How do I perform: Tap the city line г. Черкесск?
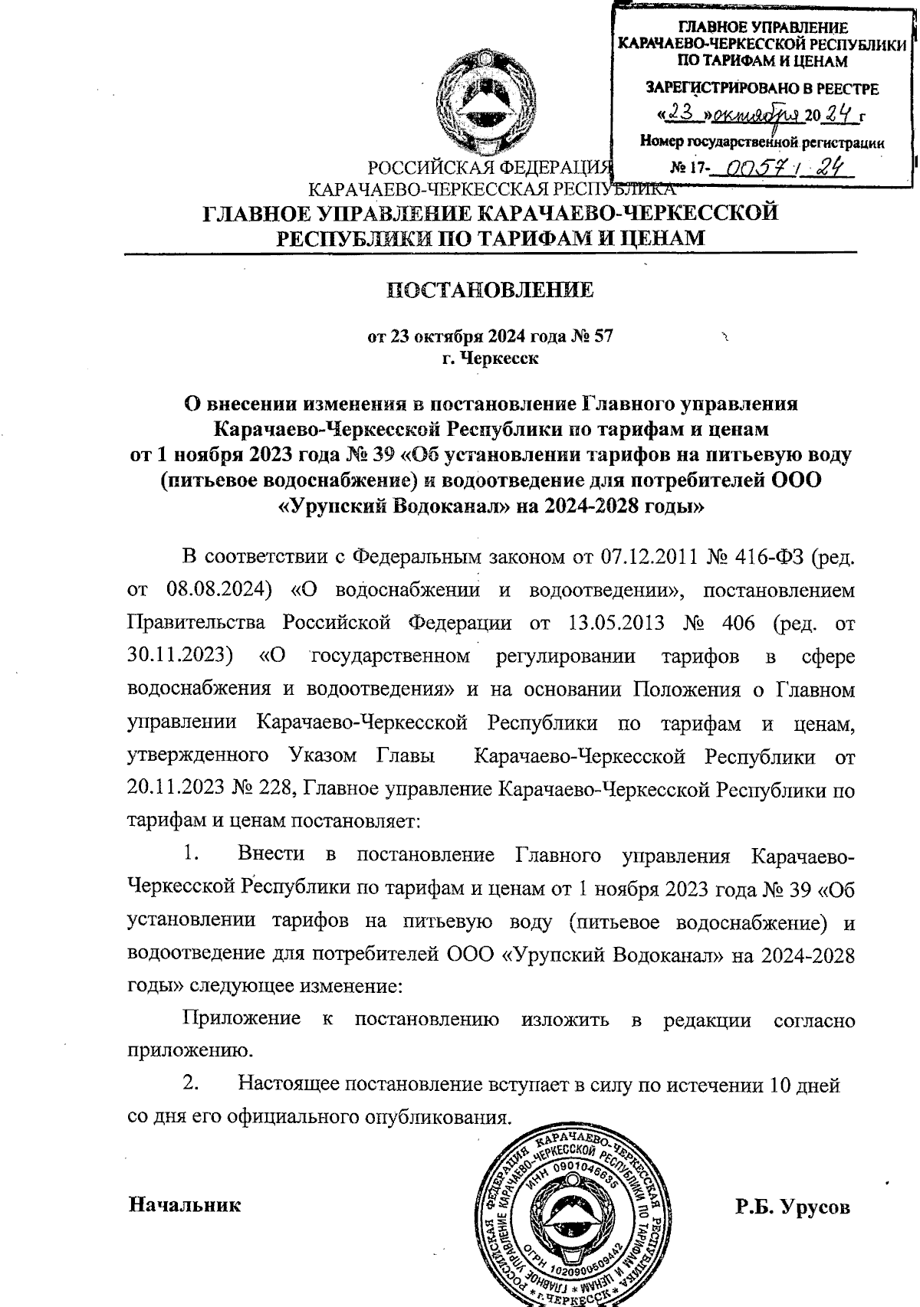point(491,358)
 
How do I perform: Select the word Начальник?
point(184,1204)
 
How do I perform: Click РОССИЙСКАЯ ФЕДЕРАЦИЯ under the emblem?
point(489,167)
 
